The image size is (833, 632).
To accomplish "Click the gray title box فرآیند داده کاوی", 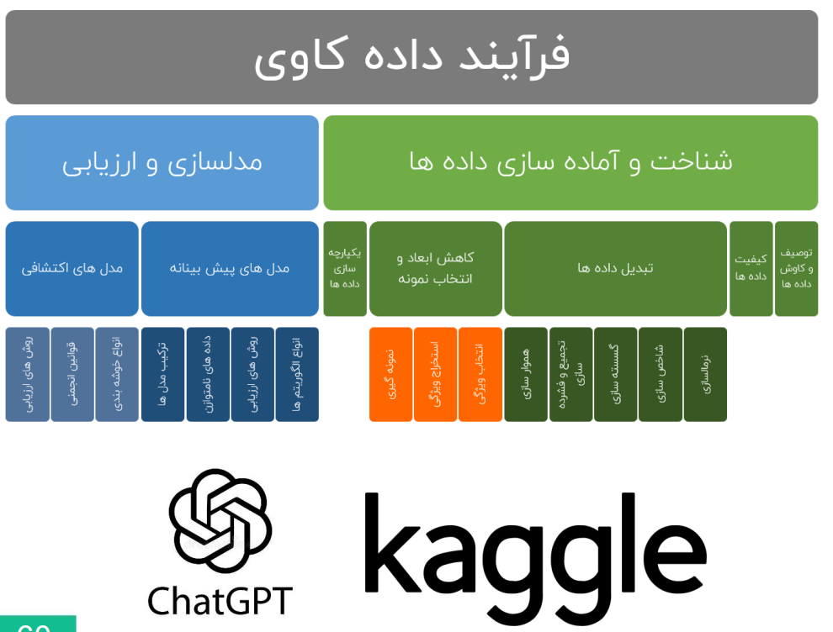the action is [x=411, y=57].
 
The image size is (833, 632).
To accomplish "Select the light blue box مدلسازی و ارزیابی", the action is [x=162, y=162].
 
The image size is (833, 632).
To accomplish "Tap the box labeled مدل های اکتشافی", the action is [x=72, y=268].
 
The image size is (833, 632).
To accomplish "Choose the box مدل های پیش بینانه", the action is [x=230, y=268].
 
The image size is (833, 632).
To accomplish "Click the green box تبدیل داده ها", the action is [x=615, y=268].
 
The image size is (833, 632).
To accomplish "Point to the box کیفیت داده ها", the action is [x=751, y=268].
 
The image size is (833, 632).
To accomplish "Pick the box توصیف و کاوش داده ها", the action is [x=796, y=268].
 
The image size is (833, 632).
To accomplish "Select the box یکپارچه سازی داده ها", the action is [x=345, y=268].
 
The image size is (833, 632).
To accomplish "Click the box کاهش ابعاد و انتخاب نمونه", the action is [x=436, y=268].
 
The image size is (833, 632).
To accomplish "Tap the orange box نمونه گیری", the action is [x=391, y=375].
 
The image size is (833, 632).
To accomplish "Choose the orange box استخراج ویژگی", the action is [x=435, y=375].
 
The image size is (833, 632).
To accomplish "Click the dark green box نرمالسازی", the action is [x=705, y=375].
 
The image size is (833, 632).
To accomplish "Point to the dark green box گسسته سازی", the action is [x=616, y=375].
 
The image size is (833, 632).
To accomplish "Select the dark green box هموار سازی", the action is [x=526, y=375].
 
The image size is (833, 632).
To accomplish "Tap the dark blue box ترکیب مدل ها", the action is [x=163, y=375].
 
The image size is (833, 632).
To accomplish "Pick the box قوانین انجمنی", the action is [x=72, y=375].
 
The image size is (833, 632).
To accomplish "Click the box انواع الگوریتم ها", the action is [x=297, y=375].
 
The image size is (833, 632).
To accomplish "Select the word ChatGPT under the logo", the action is [x=220, y=601].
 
